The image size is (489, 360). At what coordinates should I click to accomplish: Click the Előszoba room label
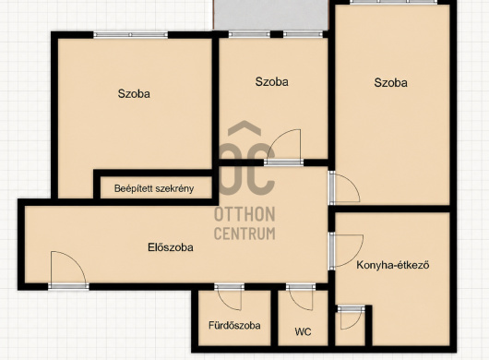tap(171, 247)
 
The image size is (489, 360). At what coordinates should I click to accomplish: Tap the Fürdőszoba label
tap(234, 325)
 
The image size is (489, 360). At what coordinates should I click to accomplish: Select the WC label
tap(303, 331)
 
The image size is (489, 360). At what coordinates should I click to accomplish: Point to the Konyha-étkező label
tap(393, 265)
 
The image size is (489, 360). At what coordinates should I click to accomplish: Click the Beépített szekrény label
tap(154, 188)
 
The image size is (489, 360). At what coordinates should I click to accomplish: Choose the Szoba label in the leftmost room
tap(134, 93)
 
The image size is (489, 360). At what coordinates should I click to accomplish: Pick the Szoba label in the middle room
tap(271, 82)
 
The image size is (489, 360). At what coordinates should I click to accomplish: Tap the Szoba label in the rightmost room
tap(391, 83)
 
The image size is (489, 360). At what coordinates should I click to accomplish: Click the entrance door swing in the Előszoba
tap(68, 269)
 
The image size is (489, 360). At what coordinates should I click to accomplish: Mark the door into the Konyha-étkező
tap(347, 250)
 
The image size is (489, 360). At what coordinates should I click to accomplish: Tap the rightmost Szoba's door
tap(345, 187)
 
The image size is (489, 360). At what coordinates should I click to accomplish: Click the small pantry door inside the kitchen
tap(352, 318)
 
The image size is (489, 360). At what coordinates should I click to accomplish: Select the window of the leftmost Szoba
tap(131, 35)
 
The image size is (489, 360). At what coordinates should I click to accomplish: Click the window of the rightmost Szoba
tap(393, 2)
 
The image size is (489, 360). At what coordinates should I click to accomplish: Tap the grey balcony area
tap(270, 15)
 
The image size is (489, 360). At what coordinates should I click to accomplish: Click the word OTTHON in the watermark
tap(244, 214)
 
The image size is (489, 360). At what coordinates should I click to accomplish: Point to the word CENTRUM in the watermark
tap(244, 234)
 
